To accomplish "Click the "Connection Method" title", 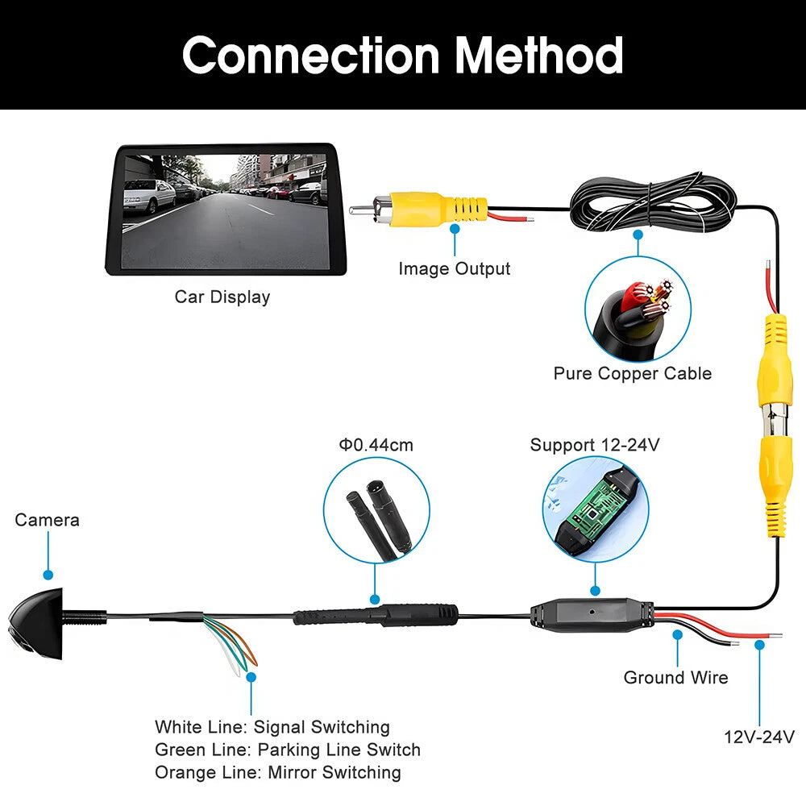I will pyautogui.click(x=402, y=55).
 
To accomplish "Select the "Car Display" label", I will pyautogui.click(x=222, y=297).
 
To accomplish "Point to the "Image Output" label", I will pyautogui.click(x=455, y=268).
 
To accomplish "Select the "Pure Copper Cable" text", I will pyautogui.click(x=633, y=373).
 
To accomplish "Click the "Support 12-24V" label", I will pyautogui.click(x=595, y=445).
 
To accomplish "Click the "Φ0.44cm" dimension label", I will pyautogui.click(x=376, y=445).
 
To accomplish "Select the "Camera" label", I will pyautogui.click(x=48, y=520).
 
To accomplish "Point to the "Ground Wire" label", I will pyautogui.click(x=675, y=677).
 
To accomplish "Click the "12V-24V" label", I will pyautogui.click(x=758, y=736).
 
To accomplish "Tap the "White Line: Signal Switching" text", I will pyautogui.click(x=272, y=727).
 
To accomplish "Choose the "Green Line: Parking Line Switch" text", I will pyautogui.click(x=288, y=750).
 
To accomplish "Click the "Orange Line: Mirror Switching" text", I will pyautogui.click(x=278, y=772).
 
